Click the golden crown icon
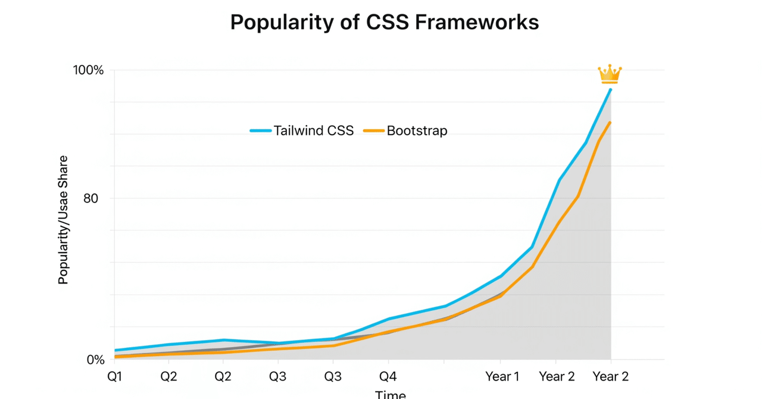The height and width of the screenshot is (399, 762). (610, 74)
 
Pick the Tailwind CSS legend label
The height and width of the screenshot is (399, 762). (314, 130)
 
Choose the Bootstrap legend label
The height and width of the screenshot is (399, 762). (417, 130)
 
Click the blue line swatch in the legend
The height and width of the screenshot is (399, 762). (261, 130)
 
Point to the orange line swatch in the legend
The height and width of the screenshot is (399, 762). (373, 130)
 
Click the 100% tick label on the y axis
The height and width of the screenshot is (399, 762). (89, 70)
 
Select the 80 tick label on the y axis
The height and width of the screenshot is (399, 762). (90, 198)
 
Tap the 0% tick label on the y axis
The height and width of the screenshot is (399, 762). (95, 360)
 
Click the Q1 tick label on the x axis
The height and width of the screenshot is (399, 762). (114, 376)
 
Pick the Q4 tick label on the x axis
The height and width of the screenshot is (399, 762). (388, 376)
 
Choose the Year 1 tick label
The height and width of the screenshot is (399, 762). (502, 376)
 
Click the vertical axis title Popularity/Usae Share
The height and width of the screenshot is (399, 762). (63, 220)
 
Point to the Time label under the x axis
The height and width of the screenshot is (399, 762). (391, 394)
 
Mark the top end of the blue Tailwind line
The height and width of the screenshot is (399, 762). (610, 89)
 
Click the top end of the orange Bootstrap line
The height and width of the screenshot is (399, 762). (610, 122)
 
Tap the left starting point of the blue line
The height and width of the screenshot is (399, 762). (115, 350)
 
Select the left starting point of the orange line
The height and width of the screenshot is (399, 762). (115, 357)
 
